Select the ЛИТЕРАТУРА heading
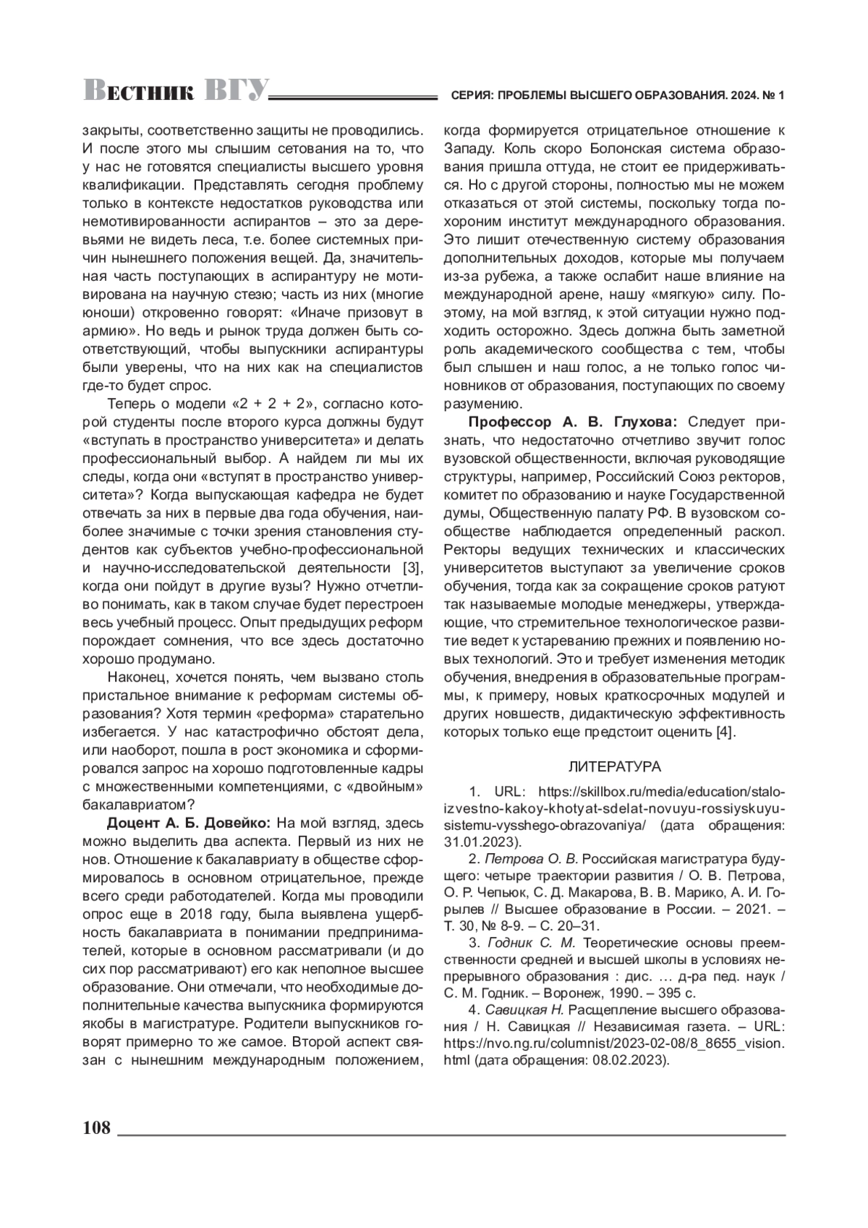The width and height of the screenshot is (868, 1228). point(614,766)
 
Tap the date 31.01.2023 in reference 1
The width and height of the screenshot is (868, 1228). point(482,842)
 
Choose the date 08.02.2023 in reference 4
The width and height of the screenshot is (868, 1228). point(634,1061)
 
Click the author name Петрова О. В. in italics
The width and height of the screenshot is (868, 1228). point(531,860)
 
